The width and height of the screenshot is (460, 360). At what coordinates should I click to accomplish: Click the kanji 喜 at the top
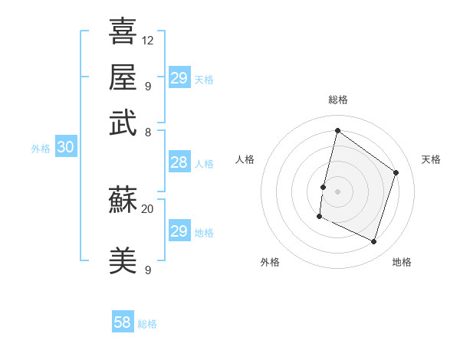(123, 31)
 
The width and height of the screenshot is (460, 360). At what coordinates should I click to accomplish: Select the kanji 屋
(123, 77)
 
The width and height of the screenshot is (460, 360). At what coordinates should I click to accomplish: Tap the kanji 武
(123, 123)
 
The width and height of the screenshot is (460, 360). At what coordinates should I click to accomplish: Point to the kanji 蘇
(123, 201)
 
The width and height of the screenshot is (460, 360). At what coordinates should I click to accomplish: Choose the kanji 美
(123, 261)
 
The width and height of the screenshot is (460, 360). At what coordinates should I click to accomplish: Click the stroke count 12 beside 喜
(148, 40)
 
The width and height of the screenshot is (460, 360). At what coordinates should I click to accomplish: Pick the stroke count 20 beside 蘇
(148, 208)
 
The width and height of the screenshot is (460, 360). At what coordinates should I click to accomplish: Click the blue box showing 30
(65, 148)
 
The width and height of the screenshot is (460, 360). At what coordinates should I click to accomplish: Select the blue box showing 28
(179, 162)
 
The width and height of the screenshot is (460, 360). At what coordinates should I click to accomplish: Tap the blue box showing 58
(123, 322)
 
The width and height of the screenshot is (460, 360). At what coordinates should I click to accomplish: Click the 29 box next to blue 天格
(179, 77)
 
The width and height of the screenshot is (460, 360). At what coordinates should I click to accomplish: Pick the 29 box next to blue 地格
(179, 231)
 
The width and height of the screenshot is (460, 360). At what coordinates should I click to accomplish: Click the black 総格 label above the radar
(338, 100)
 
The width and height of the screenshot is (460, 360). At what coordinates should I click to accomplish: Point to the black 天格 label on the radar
(431, 159)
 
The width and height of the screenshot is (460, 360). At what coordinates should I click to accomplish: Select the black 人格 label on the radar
(245, 159)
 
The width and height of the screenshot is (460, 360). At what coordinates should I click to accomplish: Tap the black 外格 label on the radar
(270, 262)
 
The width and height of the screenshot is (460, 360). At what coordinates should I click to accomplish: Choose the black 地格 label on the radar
(402, 262)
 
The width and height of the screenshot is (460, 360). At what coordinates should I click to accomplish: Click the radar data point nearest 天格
(396, 172)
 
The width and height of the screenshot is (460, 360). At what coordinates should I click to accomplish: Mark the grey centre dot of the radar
(338, 191)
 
